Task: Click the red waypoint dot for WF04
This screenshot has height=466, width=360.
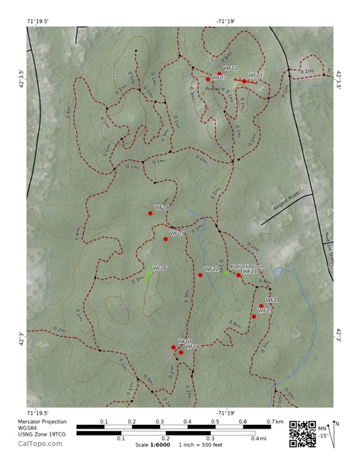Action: click(151, 213)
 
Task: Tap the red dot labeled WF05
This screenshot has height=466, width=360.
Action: click(165, 238)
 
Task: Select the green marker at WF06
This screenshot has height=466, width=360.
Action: click(148, 273)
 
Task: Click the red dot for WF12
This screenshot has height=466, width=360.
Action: click(200, 274)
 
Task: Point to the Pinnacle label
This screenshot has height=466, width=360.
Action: click(215, 89)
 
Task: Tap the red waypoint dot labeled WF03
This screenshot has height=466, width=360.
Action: click(208, 79)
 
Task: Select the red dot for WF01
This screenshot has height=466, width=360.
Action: click(244, 81)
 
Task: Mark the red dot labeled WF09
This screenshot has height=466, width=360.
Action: click(254, 315)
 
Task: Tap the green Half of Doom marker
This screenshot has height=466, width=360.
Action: click(227, 272)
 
